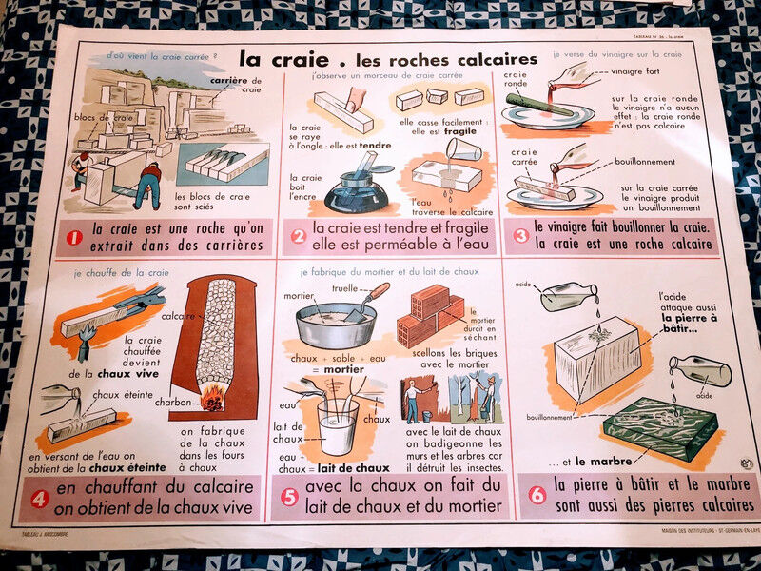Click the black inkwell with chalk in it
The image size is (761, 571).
(x=354, y=198)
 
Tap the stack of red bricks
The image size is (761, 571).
(x=430, y=314)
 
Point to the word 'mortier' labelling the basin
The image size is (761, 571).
(x=301, y=296)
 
